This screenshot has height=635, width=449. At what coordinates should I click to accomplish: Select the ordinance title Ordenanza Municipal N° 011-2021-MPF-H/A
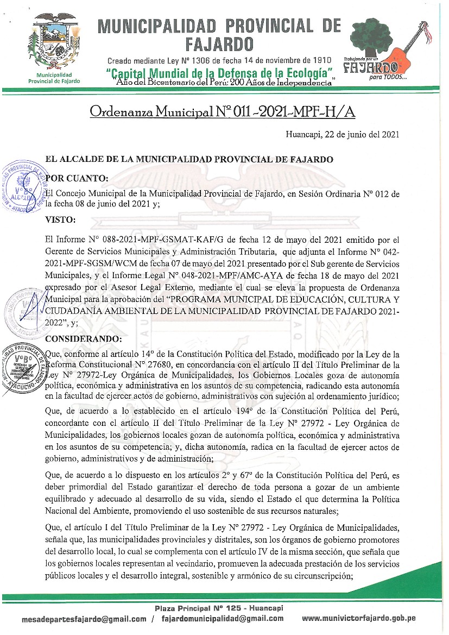tap(223, 111)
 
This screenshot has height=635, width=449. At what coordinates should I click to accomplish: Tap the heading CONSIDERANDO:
tap(84, 339)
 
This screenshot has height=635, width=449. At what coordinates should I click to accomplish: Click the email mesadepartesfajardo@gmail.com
tap(84, 619)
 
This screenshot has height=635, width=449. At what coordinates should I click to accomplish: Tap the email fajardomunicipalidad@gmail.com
tap(223, 619)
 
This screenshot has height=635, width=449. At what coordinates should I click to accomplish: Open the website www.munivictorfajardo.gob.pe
tap(359, 619)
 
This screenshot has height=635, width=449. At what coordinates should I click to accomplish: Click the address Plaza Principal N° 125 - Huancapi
tap(219, 608)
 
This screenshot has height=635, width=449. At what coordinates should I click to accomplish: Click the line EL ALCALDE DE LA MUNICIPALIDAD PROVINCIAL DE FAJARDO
tap(188, 160)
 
